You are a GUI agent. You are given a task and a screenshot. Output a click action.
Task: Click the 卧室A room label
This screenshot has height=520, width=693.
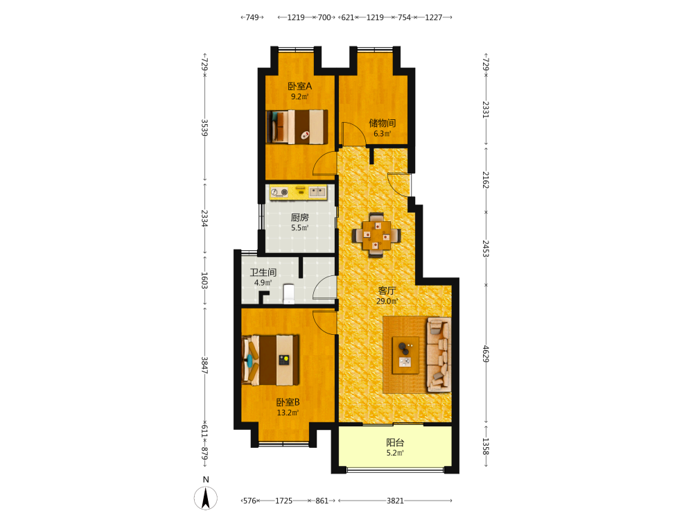[299, 86]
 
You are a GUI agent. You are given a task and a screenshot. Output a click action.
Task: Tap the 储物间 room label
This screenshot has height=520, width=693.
[383, 123]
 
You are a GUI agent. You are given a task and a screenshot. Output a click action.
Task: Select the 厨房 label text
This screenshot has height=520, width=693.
[299, 218]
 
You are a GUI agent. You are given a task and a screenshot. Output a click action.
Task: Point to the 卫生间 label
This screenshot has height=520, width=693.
[263, 272]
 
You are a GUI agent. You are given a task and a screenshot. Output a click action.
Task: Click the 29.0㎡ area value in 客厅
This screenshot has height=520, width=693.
[387, 301]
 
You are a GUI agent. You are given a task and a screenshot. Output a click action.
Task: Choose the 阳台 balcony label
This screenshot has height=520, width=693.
[395, 442]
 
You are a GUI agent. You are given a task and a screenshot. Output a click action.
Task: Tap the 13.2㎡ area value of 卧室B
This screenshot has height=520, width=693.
[288, 413]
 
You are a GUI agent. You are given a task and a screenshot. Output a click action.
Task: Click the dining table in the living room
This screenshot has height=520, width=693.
[376, 235]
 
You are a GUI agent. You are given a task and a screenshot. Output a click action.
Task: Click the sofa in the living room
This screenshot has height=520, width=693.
[439, 354]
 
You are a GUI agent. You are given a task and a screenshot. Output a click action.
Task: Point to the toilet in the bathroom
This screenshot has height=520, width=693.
[288, 293]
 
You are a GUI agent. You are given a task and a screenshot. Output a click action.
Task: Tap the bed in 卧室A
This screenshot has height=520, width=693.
[297, 127]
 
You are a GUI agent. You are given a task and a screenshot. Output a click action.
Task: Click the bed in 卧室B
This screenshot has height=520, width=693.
[270, 360]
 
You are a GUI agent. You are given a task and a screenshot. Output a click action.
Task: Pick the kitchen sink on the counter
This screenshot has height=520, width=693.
[317, 192]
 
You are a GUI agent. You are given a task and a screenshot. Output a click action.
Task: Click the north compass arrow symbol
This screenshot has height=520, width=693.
[206, 497]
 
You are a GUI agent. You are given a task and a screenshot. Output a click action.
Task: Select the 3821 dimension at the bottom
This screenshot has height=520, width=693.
[395, 501]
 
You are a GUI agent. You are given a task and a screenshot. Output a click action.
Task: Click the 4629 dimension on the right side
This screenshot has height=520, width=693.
[486, 354]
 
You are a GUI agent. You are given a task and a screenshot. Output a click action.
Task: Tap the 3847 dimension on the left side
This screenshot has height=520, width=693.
[204, 365]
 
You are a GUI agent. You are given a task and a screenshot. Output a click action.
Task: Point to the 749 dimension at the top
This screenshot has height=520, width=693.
[252, 17]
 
